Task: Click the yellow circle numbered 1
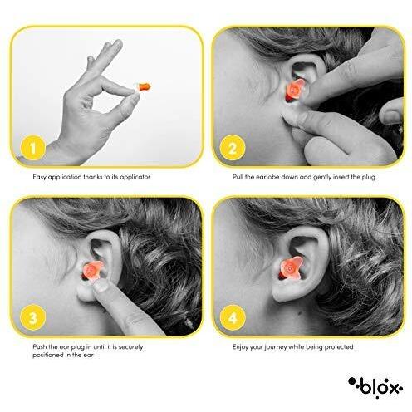point(33,148)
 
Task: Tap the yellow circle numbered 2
point(233,148)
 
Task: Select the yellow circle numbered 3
point(33,317)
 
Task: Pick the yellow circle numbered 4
point(233,317)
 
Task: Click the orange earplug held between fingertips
point(144,86)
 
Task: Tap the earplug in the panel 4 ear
point(290,267)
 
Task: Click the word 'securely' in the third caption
point(130,347)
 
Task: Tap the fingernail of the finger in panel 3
point(101,287)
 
